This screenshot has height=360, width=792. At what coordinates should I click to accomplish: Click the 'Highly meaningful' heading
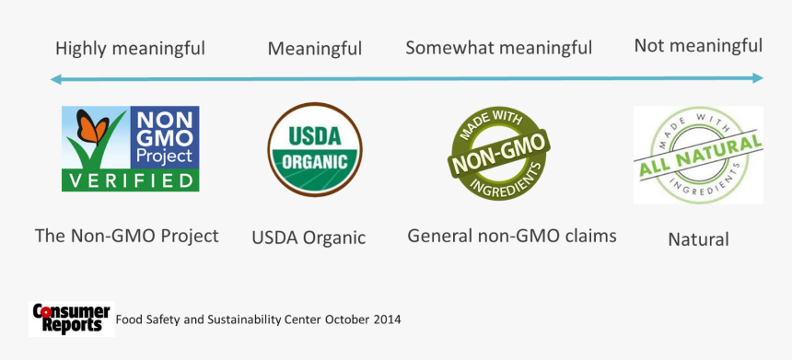coord(130,49)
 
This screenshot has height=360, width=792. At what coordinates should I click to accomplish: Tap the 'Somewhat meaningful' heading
coord(498,48)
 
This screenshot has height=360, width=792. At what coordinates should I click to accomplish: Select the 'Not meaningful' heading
coord(698,46)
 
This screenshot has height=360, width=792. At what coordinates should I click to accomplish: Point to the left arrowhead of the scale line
coord(55,79)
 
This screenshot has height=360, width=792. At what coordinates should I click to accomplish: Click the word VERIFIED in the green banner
coord(130,180)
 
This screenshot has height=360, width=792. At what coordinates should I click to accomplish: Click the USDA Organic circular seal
coord(314,149)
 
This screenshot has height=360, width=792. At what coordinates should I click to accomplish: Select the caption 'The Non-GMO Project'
coord(127,236)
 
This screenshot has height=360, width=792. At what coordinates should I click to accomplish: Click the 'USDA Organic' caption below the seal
coord(309,238)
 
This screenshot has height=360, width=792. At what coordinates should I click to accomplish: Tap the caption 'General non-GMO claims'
coord(512,236)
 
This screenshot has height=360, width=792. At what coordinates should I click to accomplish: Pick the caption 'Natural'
coord(698,239)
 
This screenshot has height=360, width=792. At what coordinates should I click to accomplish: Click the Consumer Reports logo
coord(71,319)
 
